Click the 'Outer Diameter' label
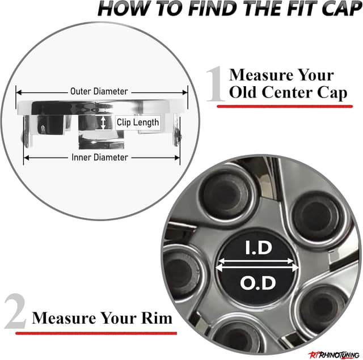(x=99, y=91)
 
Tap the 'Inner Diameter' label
(x=100, y=158)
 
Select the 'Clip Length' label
(x=138, y=122)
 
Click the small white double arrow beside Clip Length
(x=103, y=122)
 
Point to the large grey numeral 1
(x=216, y=84)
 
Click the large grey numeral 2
(x=15, y=311)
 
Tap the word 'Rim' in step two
(x=157, y=318)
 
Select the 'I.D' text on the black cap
(x=259, y=248)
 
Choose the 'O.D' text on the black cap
(x=258, y=283)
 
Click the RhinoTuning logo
(x=334, y=355)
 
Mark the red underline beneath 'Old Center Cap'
(x=285, y=107)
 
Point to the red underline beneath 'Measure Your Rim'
(x=96, y=333)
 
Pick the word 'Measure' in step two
(x=64, y=318)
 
